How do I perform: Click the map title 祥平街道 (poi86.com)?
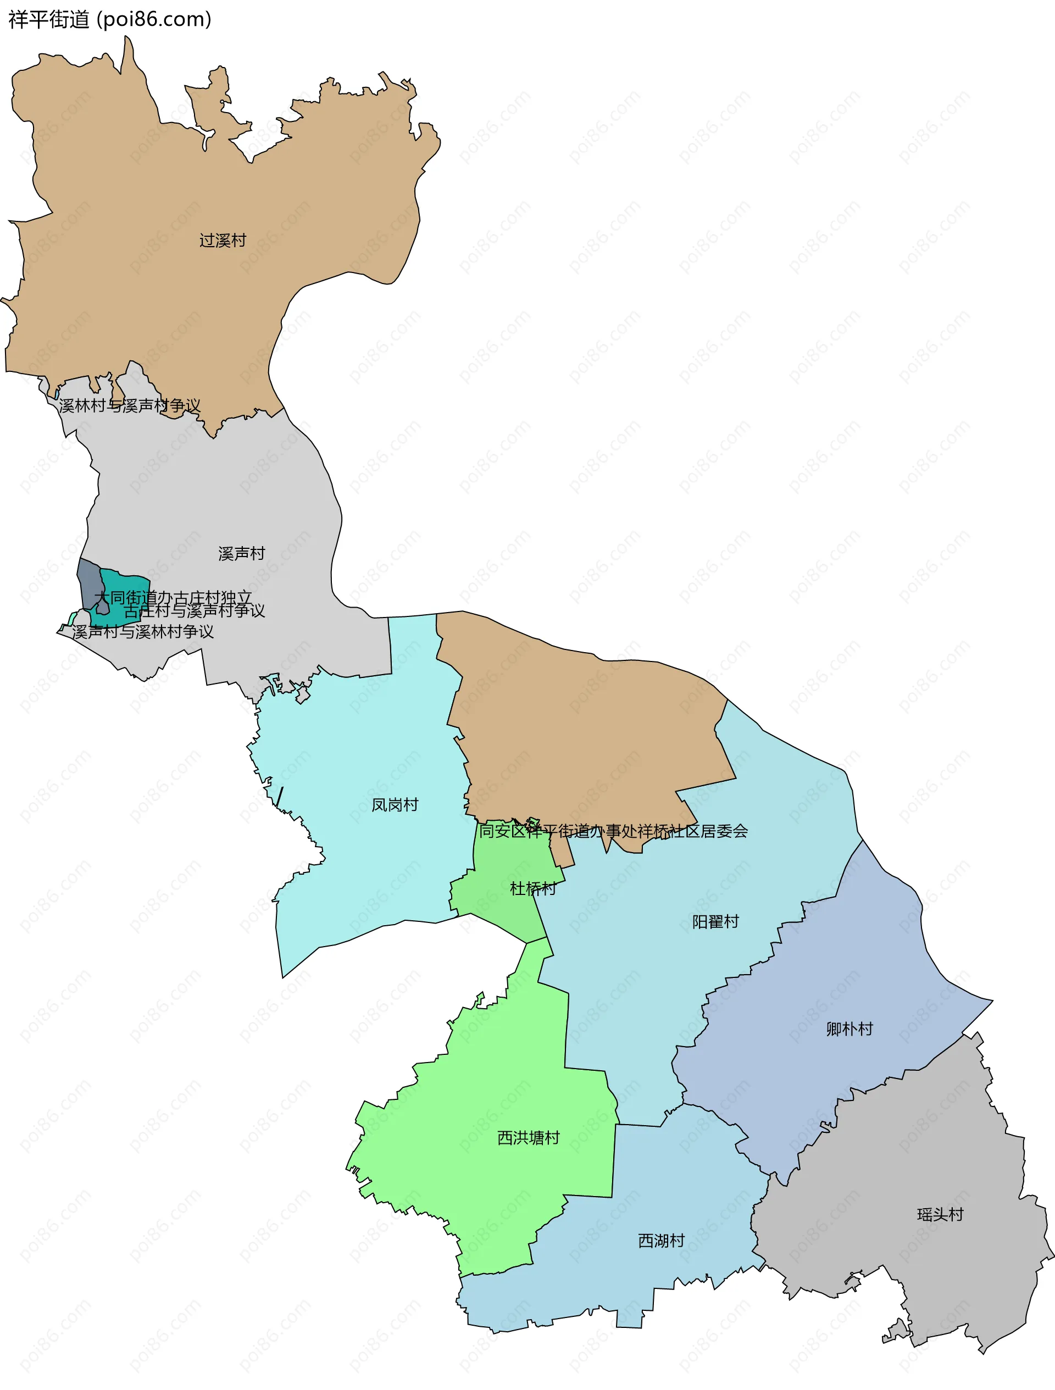[110, 19]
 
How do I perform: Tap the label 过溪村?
[223, 241]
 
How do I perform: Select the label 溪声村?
[241, 554]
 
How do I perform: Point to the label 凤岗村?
[395, 805]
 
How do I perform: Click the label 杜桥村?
[533, 888]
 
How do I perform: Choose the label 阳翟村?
[715, 922]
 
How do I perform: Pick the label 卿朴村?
[849, 1029]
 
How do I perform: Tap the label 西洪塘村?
[528, 1138]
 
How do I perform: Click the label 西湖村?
[661, 1241]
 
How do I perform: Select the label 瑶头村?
[940, 1215]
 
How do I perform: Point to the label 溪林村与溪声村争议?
[130, 406]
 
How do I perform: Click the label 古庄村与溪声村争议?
[194, 611]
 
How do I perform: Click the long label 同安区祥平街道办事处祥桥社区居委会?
[613, 831]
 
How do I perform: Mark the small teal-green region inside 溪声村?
[129, 585]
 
